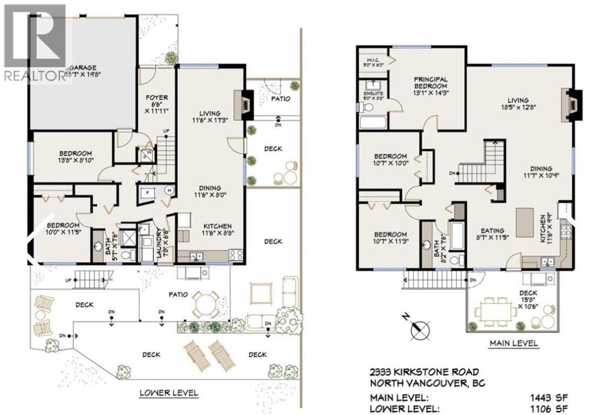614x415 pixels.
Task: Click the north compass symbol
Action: [x=420, y=328]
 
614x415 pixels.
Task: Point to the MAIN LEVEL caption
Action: [x=513, y=343]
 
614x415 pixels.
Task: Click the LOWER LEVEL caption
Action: [x=168, y=393]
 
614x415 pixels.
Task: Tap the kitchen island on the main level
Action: [x=524, y=222]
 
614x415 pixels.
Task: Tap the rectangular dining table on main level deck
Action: [x=494, y=311]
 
